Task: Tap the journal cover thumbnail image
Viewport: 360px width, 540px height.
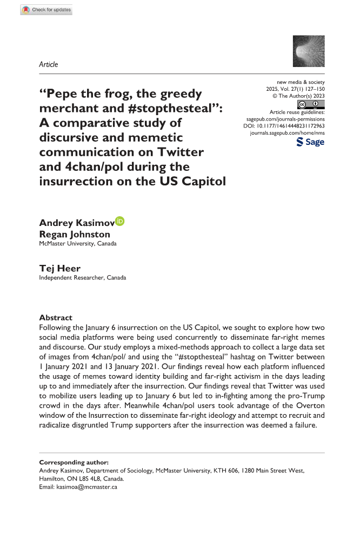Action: [308, 51]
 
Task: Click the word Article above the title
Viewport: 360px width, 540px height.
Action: [49, 64]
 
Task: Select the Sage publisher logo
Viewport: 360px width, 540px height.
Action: [311, 142]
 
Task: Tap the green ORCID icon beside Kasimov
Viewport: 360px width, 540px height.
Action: [120, 221]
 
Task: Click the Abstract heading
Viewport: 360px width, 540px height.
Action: [56, 318]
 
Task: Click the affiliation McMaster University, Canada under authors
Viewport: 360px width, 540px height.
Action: [77, 243]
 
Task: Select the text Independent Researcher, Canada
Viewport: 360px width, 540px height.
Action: [82, 278]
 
